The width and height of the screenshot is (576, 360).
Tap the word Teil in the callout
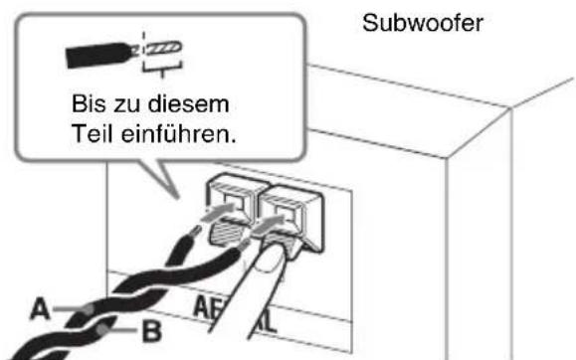pos(99,133)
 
